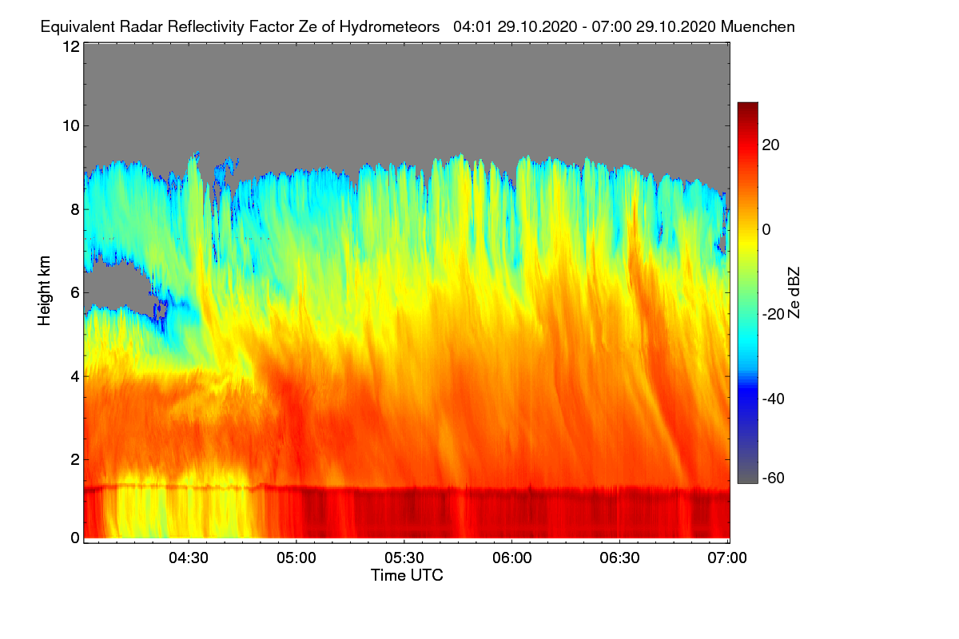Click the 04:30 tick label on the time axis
click(x=189, y=558)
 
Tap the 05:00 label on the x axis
click(x=296, y=558)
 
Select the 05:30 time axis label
click(x=404, y=558)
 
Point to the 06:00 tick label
click(x=512, y=558)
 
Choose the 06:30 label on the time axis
click(x=619, y=558)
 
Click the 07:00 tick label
click(x=727, y=558)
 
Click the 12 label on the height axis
click(x=71, y=46)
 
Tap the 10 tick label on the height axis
click(x=71, y=126)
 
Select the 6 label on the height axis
click(x=75, y=293)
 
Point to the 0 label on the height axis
click(x=75, y=538)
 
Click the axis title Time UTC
click(x=407, y=575)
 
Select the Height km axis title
click(x=44, y=291)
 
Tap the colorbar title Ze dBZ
click(x=794, y=293)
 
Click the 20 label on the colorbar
click(x=770, y=145)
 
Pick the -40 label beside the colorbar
click(x=774, y=399)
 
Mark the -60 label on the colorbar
click(x=774, y=478)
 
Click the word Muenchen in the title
click(x=758, y=27)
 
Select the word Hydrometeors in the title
click(x=389, y=27)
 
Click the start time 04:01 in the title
click(x=473, y=27)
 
